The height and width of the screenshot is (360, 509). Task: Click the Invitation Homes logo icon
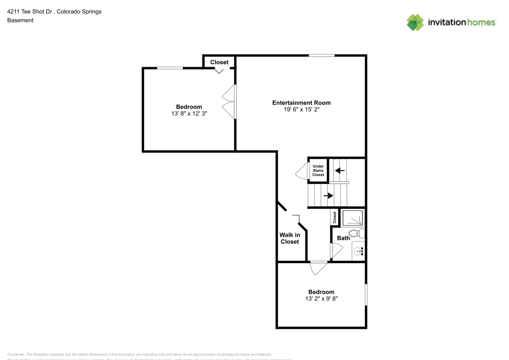415,22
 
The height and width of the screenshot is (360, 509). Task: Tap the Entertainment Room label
301,103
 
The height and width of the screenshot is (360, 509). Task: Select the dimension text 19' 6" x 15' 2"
301,109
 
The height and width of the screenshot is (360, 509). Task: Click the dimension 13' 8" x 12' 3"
189,114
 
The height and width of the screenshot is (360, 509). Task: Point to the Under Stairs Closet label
318,171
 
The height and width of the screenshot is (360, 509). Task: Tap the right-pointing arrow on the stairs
328,195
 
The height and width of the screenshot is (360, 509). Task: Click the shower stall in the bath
353,218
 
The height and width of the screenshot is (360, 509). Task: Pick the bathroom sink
359,251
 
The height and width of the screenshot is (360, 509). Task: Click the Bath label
343,238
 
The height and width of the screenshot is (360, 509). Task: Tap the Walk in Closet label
290,238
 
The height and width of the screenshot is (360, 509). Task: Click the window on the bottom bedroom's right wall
365,295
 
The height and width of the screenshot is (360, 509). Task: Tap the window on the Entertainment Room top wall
322,56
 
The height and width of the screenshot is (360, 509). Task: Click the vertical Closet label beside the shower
334,217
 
